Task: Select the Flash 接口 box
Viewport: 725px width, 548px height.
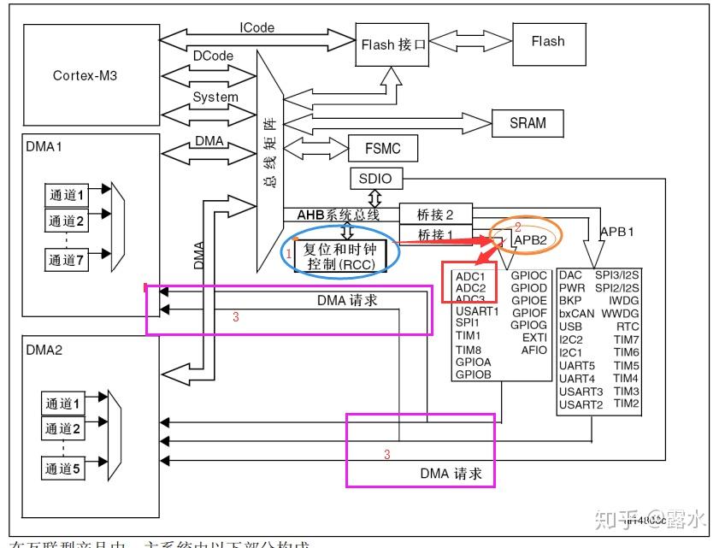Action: click(x=392, y=44)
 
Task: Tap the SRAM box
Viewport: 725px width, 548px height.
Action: click(x=528, y=122)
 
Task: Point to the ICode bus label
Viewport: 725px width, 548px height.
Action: click(x=256, y=27)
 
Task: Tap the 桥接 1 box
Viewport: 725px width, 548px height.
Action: click(x=435, y=235)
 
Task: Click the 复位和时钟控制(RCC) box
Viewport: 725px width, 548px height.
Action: click(x=339, y=256)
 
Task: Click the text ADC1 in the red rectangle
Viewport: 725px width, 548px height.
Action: click(x=470, y=276)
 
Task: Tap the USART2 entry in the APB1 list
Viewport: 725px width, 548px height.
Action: click(x=581, y=404)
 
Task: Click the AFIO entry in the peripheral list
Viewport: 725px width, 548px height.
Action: click(x=533, y=350)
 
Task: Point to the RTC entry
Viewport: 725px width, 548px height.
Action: click(x=628, y=326)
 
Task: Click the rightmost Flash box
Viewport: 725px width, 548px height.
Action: click(x=547, y=40)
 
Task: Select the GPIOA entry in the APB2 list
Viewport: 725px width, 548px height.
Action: click(x=473, y=362)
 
